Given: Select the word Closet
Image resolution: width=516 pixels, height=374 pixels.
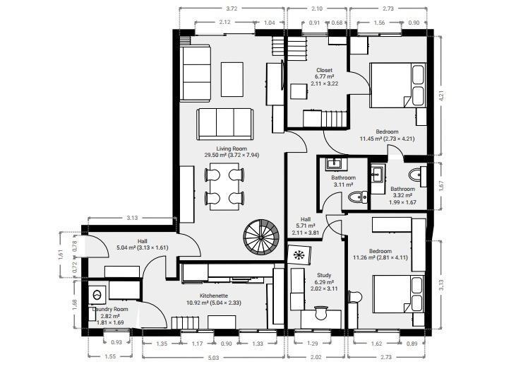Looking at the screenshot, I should [x=324, y=71].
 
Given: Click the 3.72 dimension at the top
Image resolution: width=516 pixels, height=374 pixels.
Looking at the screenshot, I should [x=230, y=8].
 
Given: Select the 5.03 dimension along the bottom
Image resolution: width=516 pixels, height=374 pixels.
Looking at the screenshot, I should [x=214, y=358].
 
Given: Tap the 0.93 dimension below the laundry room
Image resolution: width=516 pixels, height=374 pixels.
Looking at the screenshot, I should [x=116, y=343].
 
